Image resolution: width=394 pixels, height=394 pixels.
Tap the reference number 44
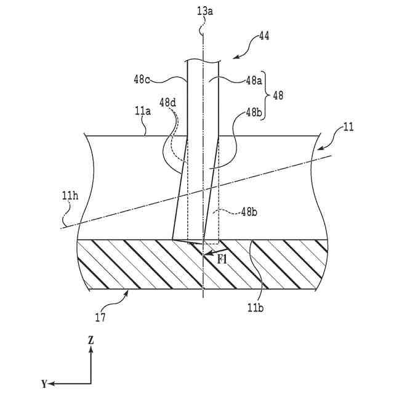point(263,36)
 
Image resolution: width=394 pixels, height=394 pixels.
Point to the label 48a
point(254,79)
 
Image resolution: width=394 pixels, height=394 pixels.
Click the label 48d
point(167,102)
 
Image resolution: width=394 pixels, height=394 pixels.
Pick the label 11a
point(142,111)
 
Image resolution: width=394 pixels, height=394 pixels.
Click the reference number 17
point(100,318)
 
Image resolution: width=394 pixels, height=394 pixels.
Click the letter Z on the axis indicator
point(90,340)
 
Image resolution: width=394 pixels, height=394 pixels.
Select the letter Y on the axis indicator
point(44,384)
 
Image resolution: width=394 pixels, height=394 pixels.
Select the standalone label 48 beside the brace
point(278,96)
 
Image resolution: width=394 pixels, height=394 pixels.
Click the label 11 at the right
point(348,128)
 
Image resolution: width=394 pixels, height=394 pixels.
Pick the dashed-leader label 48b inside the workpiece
point(249,212)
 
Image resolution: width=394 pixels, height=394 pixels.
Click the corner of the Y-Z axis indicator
point(90,383)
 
